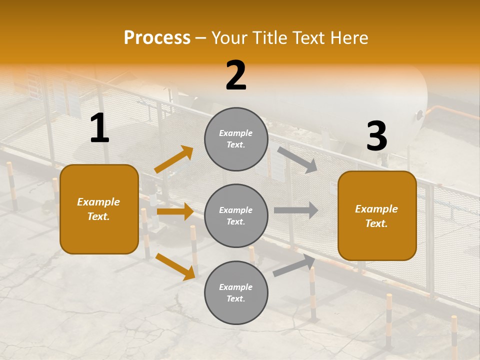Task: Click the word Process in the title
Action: point(157,38)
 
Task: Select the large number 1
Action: point(99,128)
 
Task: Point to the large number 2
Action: point(236,75)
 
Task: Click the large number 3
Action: point(376,136)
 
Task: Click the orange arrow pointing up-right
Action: point(174,159)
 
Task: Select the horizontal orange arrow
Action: point(175,211)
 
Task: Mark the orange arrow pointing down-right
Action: point(175,266)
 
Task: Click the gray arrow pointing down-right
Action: point(297,159)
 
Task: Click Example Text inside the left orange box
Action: point(98,209)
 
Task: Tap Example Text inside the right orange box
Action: point(376,216)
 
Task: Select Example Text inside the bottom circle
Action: point(236,292)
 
